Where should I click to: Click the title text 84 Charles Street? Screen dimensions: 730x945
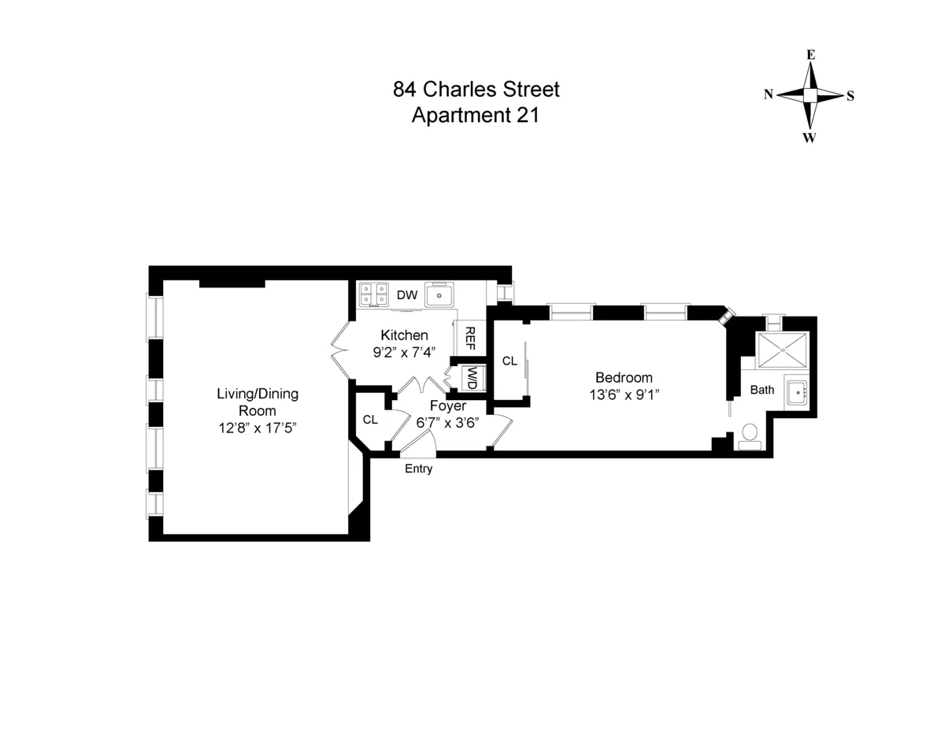476,89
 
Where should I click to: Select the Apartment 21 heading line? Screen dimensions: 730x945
476,116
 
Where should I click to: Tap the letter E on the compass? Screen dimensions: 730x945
810,55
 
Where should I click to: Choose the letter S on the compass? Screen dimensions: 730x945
850,96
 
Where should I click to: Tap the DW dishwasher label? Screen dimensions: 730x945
406,296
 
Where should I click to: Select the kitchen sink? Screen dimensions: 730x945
439,295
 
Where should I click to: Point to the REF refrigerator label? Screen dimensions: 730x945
470,337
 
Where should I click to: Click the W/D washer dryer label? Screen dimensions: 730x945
472,377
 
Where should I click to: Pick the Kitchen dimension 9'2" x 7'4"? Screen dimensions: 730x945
405,352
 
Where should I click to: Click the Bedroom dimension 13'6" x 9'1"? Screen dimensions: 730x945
624,394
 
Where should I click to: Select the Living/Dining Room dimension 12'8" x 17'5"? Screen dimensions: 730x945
258,428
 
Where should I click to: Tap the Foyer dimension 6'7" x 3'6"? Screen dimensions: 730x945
447,421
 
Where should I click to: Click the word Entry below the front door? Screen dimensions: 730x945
418,469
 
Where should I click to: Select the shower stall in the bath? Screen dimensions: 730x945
782,350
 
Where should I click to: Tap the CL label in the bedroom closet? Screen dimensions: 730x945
510,361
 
